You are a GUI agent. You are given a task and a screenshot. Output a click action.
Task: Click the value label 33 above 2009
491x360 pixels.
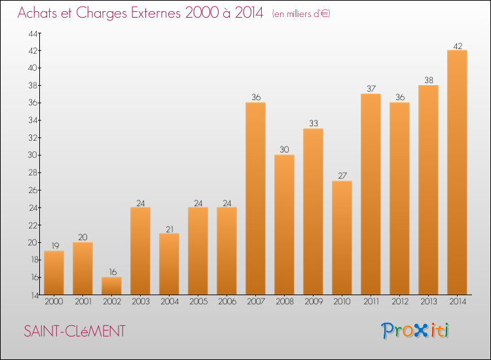tap(313, 123)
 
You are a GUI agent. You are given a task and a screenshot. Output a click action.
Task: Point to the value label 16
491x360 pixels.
tap(111, 272)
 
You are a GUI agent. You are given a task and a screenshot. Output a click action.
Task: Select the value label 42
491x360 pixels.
tap(457, 45)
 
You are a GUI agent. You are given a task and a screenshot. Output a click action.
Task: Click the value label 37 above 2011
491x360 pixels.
tap(371, 88)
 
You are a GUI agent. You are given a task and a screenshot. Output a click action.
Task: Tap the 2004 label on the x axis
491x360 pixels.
tap(169, 302)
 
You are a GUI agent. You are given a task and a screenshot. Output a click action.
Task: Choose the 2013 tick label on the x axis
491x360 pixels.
tap(428, 302)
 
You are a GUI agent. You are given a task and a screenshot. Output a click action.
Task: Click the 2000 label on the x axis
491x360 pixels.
tap(54, 302)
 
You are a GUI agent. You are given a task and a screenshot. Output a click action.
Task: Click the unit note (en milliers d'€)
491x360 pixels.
tap(301, 14)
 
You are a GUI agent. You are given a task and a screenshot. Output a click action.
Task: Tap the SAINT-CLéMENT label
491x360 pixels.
tap(74, 331)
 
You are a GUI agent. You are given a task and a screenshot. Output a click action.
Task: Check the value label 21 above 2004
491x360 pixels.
tap(169, 228)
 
